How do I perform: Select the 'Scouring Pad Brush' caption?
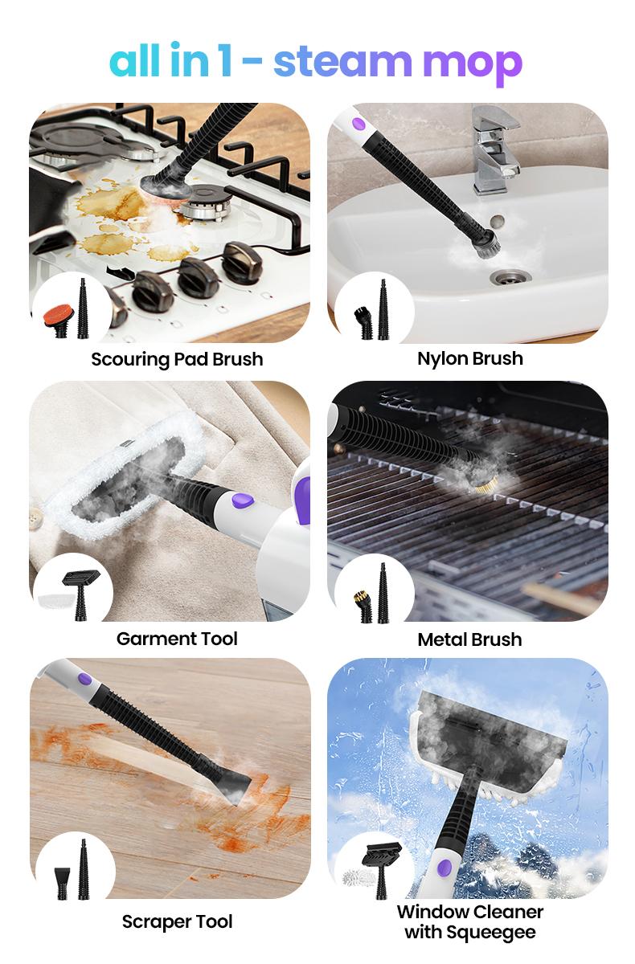(177, 359)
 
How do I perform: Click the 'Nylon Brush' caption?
(470, 358)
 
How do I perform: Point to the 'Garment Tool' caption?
(177, 639)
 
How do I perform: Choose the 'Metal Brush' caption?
(469, 639)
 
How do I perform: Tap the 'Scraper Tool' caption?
(177, 922)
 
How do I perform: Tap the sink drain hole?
(509, 276)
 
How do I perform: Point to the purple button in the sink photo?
(358, 125)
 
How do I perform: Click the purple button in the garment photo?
(243, 500)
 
